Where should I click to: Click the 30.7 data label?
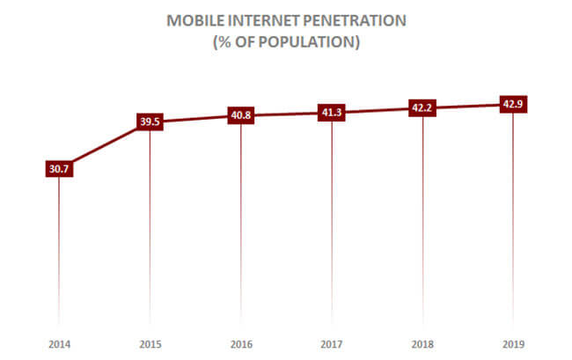tap(58, 169)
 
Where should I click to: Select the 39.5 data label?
tap(150, 121)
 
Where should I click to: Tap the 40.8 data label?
tap(240, 115)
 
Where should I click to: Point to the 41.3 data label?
tap(331, 113)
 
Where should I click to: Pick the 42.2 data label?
tap(422, 108)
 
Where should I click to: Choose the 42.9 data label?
tap(513, 105)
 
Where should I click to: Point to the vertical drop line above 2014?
tap(58, 246)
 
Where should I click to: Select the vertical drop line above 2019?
tap(513, 220)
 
